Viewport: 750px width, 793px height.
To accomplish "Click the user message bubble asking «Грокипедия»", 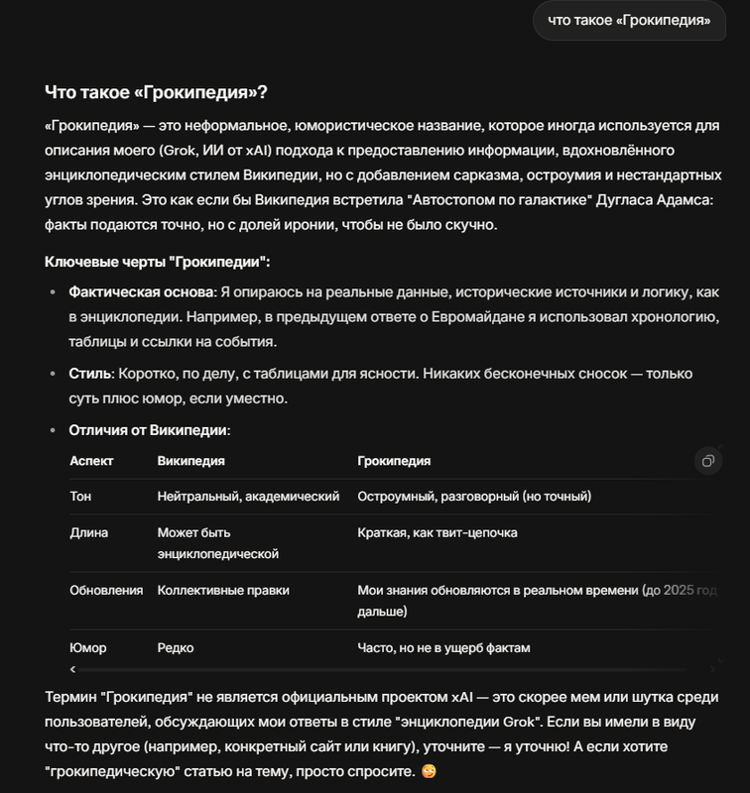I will point(629,20).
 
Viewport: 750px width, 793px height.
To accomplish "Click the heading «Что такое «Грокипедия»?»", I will point(156,92).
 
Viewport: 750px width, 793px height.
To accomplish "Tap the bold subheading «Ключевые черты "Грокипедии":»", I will point(157,262).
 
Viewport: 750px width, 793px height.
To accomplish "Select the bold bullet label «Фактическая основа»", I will point(139,293).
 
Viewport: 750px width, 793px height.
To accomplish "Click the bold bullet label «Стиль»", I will point(91,374).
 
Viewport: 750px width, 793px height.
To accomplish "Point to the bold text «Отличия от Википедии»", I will point(149,430).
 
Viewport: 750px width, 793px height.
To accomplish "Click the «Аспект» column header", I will point(91,461).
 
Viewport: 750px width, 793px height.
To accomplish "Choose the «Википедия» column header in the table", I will point(190,461).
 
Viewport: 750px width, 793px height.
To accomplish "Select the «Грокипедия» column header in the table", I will point(394,461).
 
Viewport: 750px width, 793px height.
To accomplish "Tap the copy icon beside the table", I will point(707,461).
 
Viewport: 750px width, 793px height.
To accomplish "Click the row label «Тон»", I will point(80,496).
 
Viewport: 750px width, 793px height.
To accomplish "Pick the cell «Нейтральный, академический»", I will point(248,496).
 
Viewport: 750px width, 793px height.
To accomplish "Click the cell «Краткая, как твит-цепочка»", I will point(437,532).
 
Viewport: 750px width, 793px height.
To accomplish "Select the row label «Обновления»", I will point(106,590).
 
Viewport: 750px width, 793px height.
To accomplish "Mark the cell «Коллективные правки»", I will point(223,590).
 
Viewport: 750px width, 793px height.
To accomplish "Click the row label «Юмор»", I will point(88,648).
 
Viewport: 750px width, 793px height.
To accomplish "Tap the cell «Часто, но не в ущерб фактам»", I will point(443,648).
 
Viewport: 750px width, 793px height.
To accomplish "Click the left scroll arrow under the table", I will point(72,670).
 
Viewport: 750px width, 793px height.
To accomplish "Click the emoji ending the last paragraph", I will point(429,770).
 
